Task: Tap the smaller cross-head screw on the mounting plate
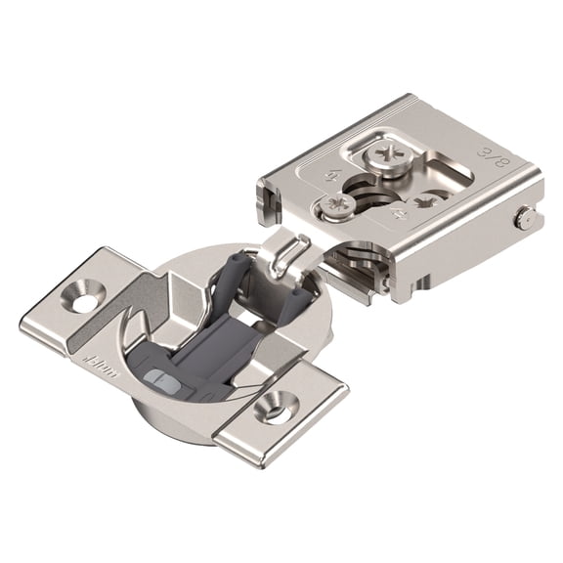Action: pos(338,206)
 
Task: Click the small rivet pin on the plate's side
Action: pos(526,220)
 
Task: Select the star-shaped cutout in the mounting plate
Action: pos(427,203)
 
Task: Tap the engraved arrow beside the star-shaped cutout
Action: pos(399,213)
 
